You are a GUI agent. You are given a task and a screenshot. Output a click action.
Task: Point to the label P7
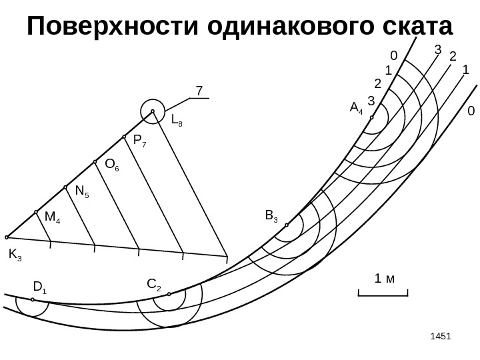[x=140, y=141]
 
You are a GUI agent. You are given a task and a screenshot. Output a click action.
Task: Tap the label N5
[x=83, y=192]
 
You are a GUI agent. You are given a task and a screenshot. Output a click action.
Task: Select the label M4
[x=53, y=217]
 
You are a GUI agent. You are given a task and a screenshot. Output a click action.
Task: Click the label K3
[x=15, y=255]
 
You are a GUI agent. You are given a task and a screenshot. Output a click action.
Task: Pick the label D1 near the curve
[x=39, y=287]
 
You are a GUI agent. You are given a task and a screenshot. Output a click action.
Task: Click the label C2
[x=153, y=286]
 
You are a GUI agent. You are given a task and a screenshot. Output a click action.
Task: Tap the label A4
[x=356, y=107]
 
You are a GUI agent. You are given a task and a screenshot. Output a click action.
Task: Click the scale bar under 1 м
[x=382, y=294]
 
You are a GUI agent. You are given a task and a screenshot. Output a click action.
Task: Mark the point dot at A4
[x=372, y=118]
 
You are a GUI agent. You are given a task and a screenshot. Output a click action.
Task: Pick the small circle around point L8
[x=153, y=111]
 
